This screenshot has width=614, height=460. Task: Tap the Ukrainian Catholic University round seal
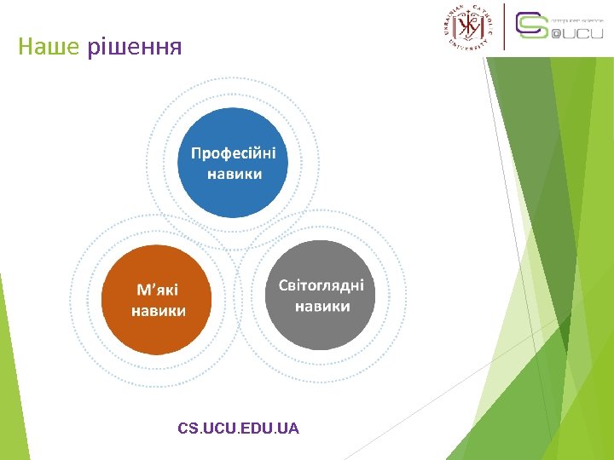(x=468, y=26)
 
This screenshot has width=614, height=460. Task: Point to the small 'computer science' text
(x=577, y=19)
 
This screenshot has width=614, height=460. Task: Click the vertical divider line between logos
(x=505, y=26)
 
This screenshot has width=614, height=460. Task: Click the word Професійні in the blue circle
(x=234, y=153)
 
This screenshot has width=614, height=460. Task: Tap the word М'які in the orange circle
(x=159, y=289)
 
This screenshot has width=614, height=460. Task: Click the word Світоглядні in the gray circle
(x=321, y=285)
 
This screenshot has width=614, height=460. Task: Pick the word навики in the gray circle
(x=322, y=305)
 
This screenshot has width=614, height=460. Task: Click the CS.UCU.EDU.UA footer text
(x=239, y=428)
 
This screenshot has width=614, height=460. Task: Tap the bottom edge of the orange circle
(x=158, y=353)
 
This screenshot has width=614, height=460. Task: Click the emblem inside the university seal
(x=468, y=27)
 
